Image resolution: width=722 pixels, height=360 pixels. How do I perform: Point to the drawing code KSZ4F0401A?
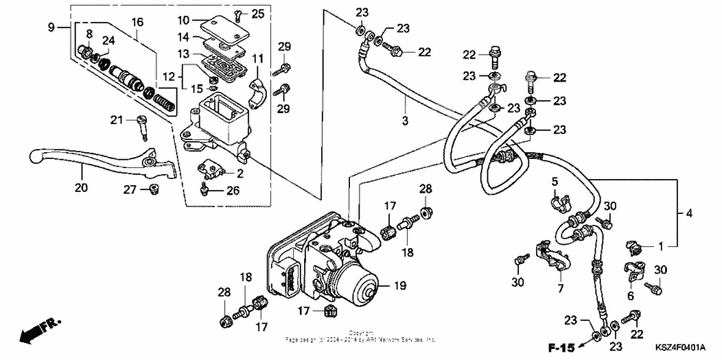680,347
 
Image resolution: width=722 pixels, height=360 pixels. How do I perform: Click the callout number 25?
259,14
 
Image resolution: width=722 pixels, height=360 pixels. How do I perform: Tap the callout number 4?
689,213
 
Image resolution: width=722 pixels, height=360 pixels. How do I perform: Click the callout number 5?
553,182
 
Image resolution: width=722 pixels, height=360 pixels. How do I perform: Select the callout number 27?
130,188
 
